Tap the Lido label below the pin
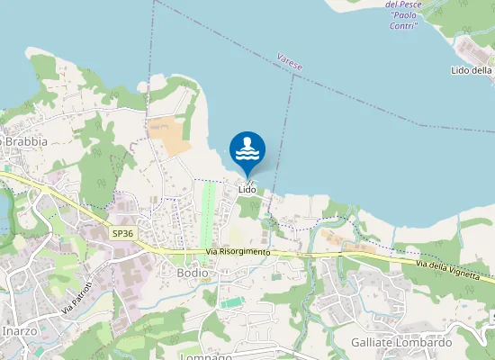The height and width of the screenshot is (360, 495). (x=247, y=190)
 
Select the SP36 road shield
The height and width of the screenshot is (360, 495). (x=123, y=233)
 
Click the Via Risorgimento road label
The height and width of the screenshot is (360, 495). (x=238, y=251)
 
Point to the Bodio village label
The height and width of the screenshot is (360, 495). (x=193, y=273)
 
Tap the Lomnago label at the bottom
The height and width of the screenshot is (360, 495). (x=207, y=356)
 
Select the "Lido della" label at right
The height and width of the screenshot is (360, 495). (x=472, y=70)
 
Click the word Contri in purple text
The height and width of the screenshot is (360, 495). (x=403, y=26)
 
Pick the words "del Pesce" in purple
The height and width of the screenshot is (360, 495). (x=403, y=4)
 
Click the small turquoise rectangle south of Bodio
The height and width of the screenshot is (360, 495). (x=231, y=303)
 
